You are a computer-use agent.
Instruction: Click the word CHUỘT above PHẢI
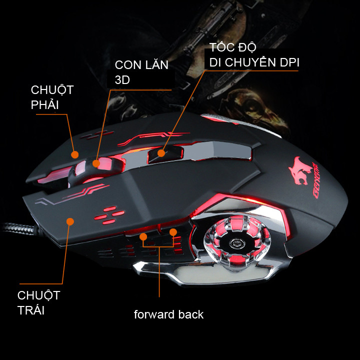coord(52,90)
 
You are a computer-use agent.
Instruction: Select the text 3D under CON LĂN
coord(123,80)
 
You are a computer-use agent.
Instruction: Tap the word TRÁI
coord(31,310)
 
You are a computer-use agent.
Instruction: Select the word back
coord(191,314)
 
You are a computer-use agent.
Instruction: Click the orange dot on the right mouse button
coord(75,154)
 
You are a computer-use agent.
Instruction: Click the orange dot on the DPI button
coord(162,152)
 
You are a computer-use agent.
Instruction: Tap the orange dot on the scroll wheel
coord(96,162)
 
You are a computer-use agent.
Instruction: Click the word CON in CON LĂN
coord(127,65)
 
